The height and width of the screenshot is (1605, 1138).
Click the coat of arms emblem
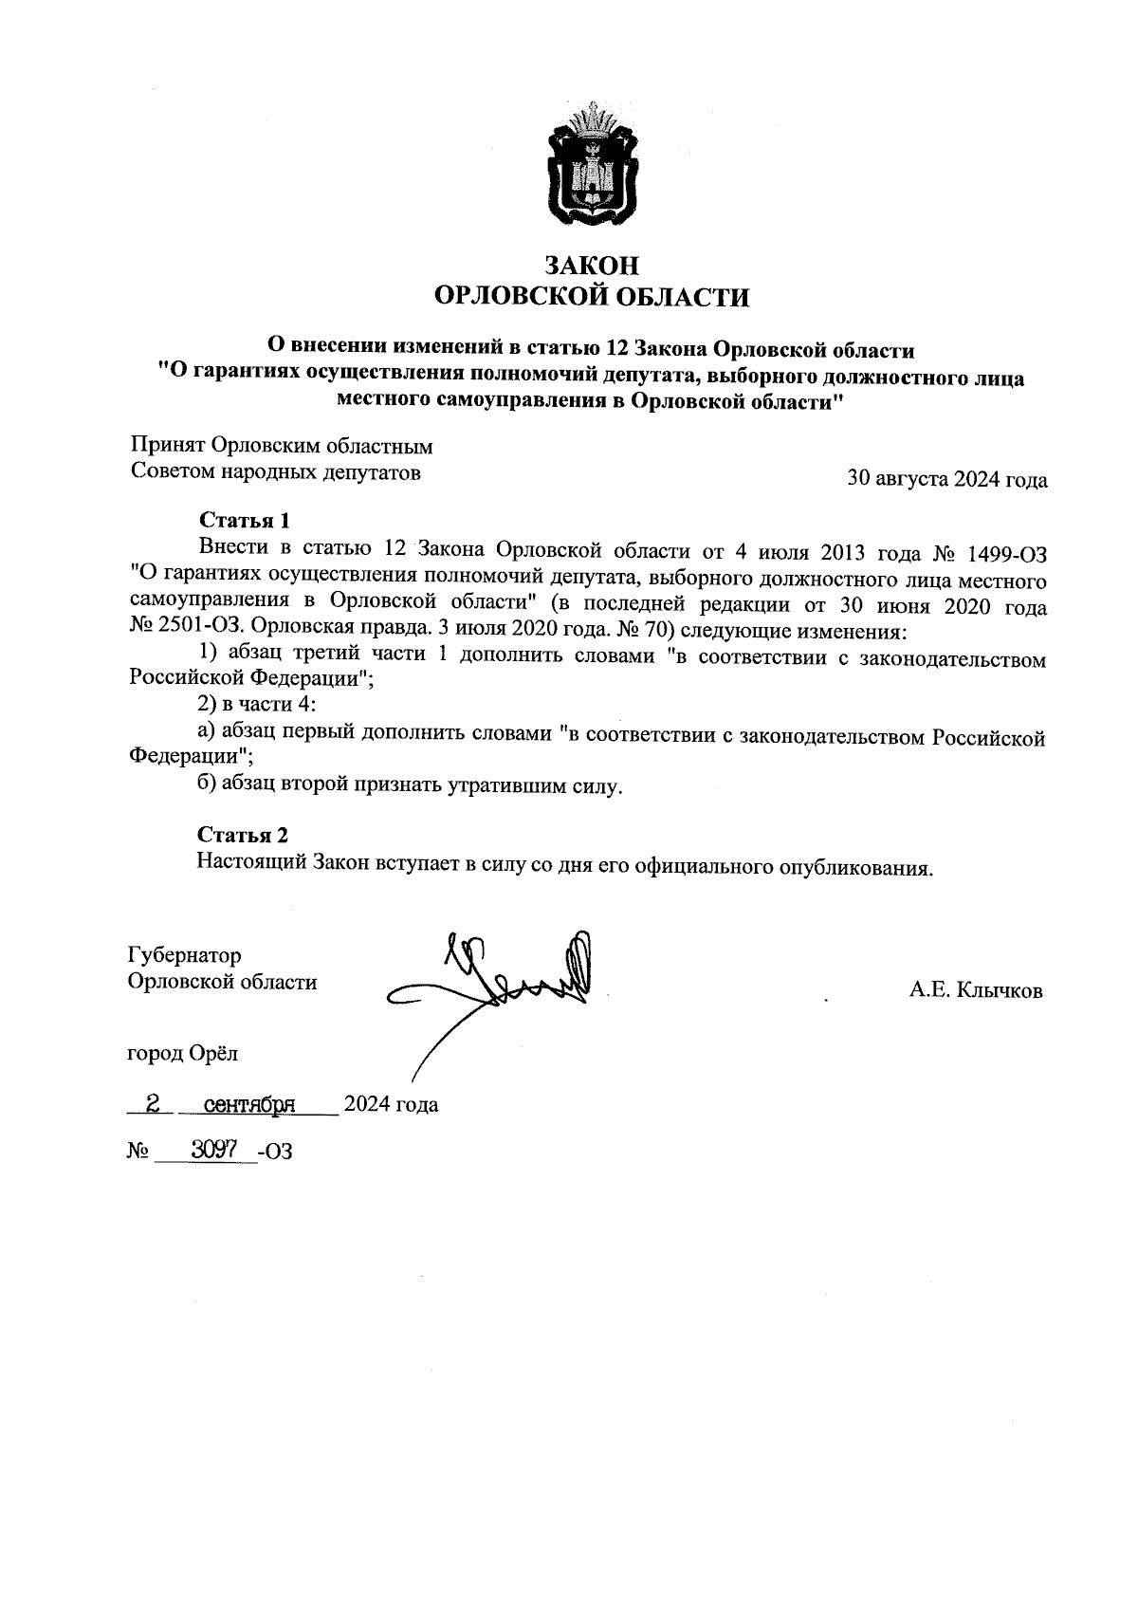click(x=593, y=164)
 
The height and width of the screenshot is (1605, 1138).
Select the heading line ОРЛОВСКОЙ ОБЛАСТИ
click(x=592, y=298)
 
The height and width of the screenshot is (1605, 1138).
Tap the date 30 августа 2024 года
click(x=946, y=480)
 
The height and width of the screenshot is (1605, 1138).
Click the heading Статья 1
click(x=244, y=521)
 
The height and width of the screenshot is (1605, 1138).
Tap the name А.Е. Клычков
click(x=976, y=991)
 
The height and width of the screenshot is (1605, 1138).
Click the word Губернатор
click(x=185, y=955)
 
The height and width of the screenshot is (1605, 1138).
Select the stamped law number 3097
click(x=212, y=1150)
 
